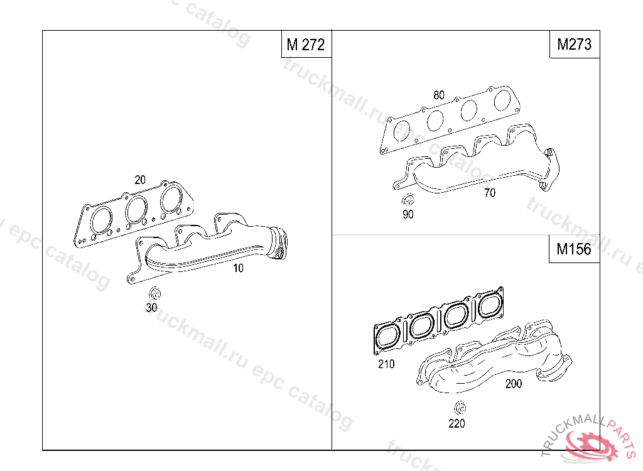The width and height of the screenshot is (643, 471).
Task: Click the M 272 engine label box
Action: pyautogui.click(x=306, y=44)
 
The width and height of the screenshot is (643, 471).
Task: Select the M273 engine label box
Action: pyautogui.click(x=575, y=44)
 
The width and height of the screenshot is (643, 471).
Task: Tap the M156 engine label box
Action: pyautogui.click(x=574, y=249)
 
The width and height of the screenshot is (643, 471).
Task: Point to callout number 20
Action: pyautogui.click(x=140, y=180)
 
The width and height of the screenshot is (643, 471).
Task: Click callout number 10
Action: pyautogui.click(x=238, y=268)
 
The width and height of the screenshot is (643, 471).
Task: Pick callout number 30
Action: pyautogui.click(x=152, y=307)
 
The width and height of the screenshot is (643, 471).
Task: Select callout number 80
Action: pyautogui.click(x=439, y=95)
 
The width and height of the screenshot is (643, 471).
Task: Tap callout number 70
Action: pyautogui.click(x=490, y=192)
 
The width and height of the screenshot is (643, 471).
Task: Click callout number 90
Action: pyautogui.click(x=408, y=214)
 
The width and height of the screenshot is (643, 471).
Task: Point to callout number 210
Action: pyautogui.click(x=386, y=364)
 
